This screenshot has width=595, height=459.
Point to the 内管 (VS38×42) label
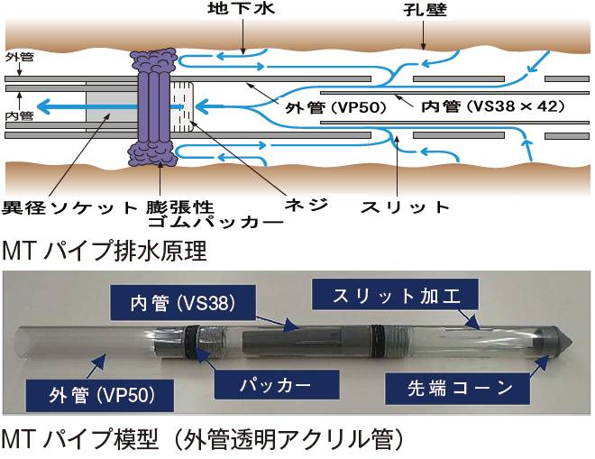493,106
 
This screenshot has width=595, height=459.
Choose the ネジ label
304,205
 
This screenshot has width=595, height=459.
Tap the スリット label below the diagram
404,207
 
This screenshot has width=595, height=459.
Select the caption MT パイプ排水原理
105,250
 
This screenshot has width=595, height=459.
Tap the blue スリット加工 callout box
393,296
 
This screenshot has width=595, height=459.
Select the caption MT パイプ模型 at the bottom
200,441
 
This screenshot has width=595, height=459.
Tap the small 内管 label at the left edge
20,115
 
